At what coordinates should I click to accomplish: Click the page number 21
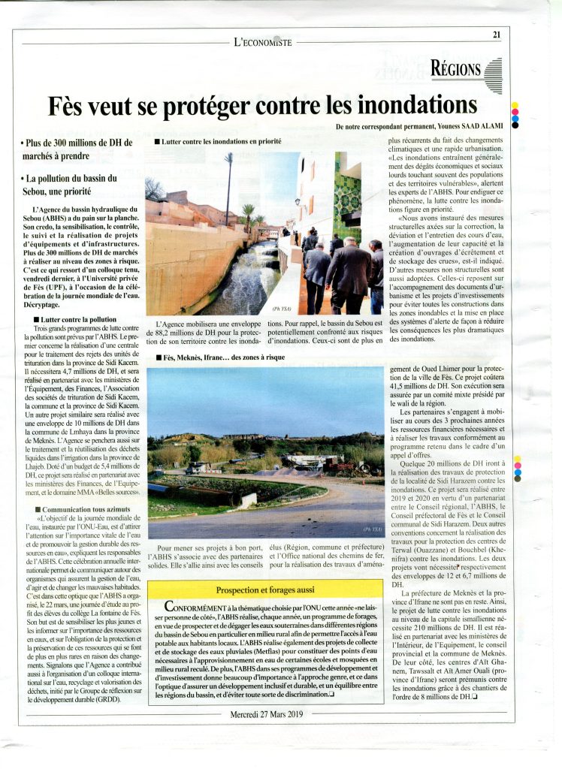point(497,34)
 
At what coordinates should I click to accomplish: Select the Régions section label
point(456,70)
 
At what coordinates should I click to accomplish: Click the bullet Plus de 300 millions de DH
point(77,149)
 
